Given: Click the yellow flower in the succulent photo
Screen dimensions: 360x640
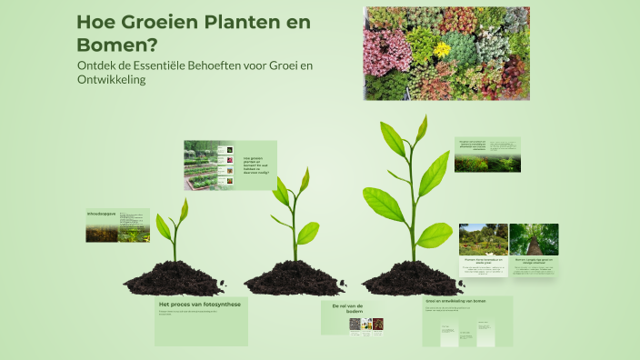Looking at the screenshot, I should coord(442,49).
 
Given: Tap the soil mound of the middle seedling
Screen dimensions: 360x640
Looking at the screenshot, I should coord(293,277).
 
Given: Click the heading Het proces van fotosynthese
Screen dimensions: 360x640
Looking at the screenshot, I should coord(199,305).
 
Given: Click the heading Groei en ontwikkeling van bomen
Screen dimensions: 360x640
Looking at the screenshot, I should coord(455,300).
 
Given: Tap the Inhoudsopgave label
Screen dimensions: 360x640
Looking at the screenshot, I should coord(103,214).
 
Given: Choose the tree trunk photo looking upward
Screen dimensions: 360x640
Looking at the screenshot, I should coord(534,239).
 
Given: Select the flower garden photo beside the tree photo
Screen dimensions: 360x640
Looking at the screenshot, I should coord(483,240).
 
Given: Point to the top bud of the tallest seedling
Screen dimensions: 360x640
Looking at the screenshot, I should coord(421,127).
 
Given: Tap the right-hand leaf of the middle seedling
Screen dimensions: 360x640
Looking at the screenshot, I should coord(308,234).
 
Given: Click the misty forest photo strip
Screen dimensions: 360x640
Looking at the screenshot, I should coord(487,164).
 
